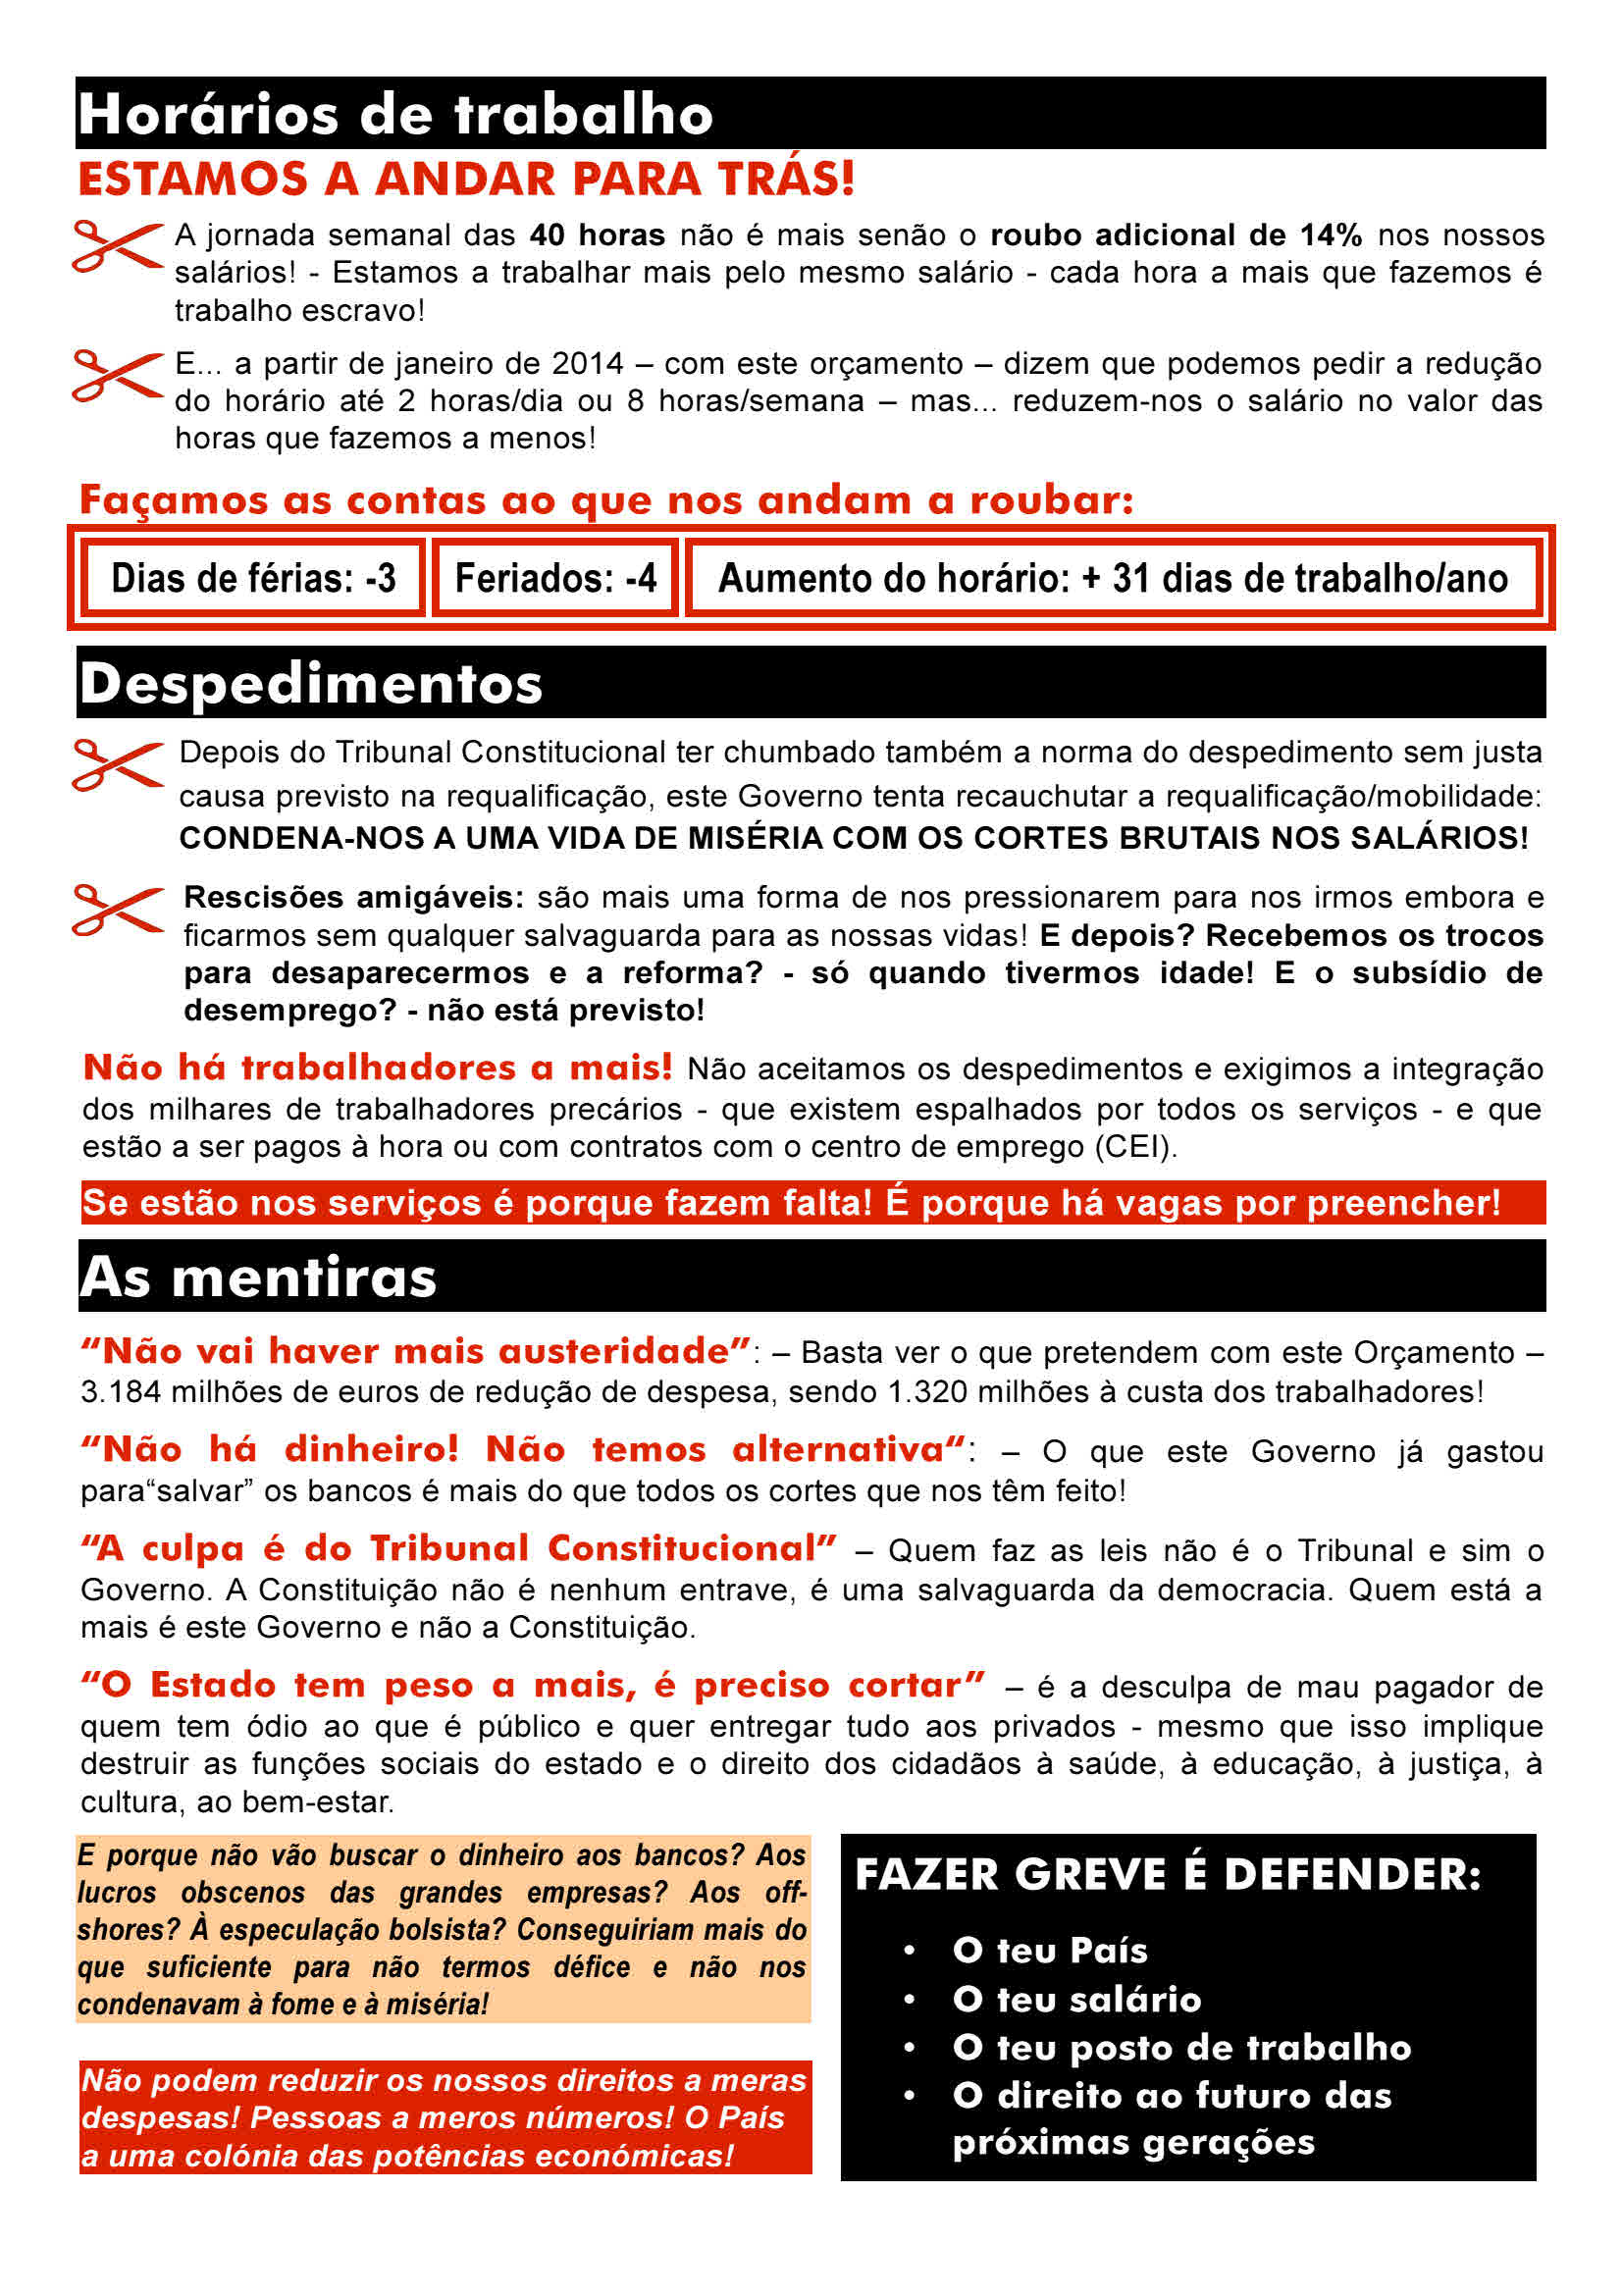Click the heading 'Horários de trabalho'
pos(394,114)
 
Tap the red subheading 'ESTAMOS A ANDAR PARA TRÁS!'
pos(466,180)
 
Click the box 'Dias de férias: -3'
pos(253,578)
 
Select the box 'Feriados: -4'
pos(555,578)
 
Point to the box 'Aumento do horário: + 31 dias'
pos(1113,578)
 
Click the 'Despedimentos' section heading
pos(311,684)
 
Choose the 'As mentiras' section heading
pos(258,1278)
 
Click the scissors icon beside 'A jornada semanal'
pos(117,246)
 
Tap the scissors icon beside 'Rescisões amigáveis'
pos(117,910)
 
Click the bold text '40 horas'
pos(597,235)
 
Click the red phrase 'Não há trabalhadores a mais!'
pos(378,1068)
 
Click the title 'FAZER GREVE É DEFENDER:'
pos(1168,1874)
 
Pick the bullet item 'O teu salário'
pos(1075,1999)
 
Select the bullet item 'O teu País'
pos(1049,1951)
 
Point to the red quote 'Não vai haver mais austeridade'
pos(416,1351)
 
